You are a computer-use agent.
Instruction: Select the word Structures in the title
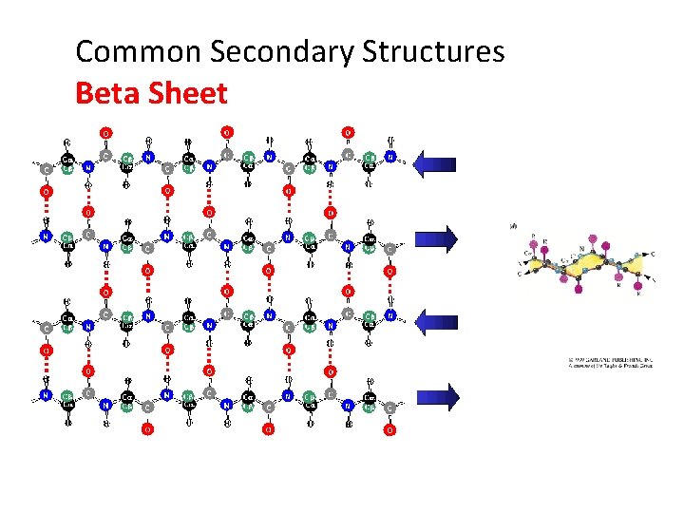[432, 51]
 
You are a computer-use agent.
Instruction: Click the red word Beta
[107, 93]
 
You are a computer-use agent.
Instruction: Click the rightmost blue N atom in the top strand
[390, 157]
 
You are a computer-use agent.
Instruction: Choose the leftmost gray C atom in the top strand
[47, 170]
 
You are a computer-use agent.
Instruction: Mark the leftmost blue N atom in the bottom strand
[46, 394]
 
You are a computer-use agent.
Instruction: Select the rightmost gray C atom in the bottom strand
[389, 408]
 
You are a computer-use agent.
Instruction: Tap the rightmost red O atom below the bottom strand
[389, 430]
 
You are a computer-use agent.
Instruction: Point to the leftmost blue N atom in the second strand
[46, 236]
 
